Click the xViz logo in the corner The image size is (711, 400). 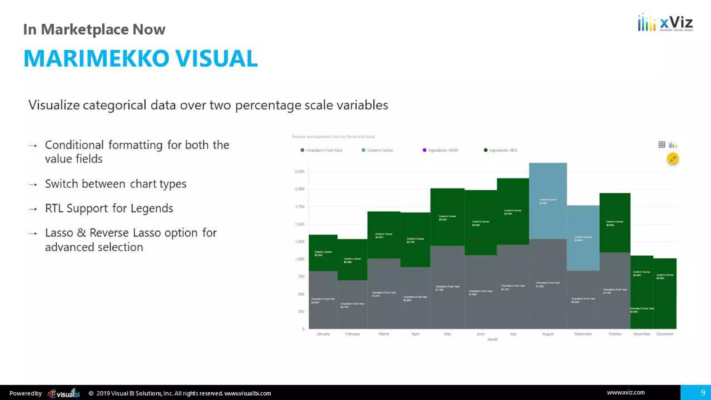[665, 23]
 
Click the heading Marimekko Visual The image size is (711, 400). [141, 58]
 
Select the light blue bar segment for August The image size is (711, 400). [548, 201]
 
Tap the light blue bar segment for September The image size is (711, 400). [583, 238]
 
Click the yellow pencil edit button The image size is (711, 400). [672, 159]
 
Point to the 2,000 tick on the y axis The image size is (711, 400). [299, 189]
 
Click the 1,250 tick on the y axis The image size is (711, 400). [299, 242]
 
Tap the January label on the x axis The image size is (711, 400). [323, 334]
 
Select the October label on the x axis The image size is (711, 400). [615, 334]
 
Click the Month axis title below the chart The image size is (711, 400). [492, 340]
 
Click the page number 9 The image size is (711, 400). [703, 393]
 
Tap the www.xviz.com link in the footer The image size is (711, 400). [626, 393]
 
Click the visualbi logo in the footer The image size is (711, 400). [64, 393]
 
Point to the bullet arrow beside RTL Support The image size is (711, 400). [33, 209]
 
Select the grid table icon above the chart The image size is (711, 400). [662, 145]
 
